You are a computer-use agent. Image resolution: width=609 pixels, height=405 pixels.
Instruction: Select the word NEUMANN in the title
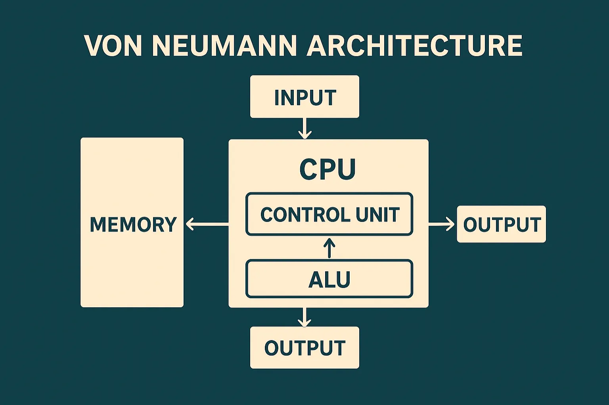pos(224,46)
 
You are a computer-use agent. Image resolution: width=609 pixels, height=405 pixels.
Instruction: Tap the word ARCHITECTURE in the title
pos(414,46)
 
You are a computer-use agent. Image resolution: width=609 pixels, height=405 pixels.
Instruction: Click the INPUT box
pos(304,97)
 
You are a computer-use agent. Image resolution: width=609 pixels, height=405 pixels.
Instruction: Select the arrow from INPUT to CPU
pos(304,128)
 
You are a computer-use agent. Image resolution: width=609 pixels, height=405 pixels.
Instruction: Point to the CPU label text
pos(327,169)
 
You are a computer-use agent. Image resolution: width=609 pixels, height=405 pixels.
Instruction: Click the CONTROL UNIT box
pos(329,214)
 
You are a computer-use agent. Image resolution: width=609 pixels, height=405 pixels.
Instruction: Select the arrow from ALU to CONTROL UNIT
pos(329,248)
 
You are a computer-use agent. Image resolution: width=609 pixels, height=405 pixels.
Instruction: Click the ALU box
pos(329,279)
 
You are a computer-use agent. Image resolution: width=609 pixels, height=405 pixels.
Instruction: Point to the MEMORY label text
pos(133,224)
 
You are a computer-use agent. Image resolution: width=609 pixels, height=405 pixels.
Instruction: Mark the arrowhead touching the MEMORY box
pos(190,224)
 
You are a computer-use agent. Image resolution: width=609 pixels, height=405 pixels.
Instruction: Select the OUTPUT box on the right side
pos(501,224)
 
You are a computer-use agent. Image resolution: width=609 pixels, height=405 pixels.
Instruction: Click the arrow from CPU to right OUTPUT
pos(441,224)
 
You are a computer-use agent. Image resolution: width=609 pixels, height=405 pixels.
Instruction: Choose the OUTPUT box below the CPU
pos(304,348)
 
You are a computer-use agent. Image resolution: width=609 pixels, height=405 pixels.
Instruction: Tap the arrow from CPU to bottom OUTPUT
pos(304,317)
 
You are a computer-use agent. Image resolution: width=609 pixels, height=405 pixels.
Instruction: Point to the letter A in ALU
pos(316,280)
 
